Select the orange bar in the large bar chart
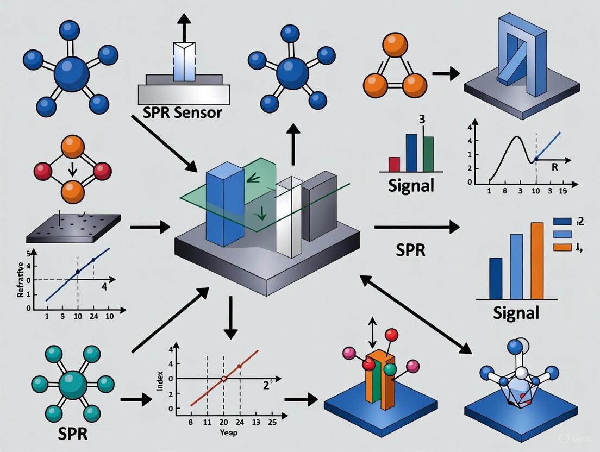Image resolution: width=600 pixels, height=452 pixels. pyautogui.click(x=536, y=261)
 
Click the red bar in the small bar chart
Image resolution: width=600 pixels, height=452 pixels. pyautogui.click(x=395, y=164)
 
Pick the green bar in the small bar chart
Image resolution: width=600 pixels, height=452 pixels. pyautogui.click(x=428, y=154)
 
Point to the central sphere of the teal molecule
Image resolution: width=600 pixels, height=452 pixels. pyautogui.click(x=73, y=384)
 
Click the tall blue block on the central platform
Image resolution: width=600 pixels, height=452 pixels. pyautogui.click(x=226, y=209)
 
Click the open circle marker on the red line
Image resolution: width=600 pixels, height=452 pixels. pyautogui.click(x=223, y=379)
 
